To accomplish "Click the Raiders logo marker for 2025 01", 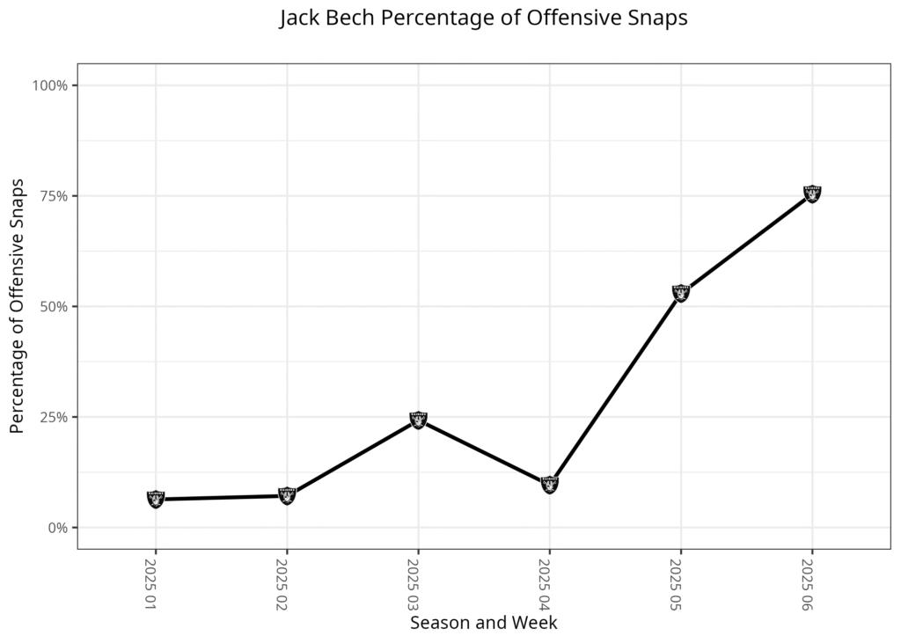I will tap(156, 499).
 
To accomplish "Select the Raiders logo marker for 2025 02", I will tap(287, 495).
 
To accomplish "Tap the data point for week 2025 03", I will tap(418, 420).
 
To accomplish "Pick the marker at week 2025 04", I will tap(549, 484).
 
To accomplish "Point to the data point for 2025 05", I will tap(680, 293).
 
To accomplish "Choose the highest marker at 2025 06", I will tap(812, 194).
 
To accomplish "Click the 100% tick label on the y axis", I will tap(50, 85).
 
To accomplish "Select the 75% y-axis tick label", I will tap(54, 196).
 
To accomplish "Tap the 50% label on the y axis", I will tap(54, 306).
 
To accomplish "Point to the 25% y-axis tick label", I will tap(54, 417).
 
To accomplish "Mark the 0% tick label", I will tap(57, 528).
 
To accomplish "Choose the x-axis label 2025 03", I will tap(413, 581).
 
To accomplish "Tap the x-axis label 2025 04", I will tap(544, 581).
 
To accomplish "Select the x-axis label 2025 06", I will tap(807, 581).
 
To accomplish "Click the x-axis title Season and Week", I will tap(483, 623).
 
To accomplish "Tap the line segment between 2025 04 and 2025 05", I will tap(614, 389).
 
